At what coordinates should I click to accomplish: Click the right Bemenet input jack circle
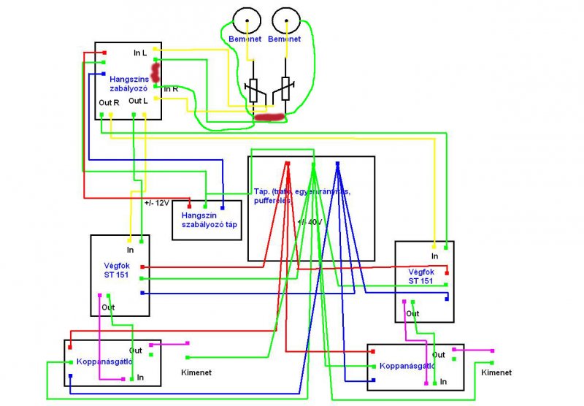pyautogui.click(x=285, y=20)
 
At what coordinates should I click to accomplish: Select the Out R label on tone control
pyautogui.click(x=109, y=102)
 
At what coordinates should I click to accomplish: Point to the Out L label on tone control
pyautogui.click(x=139, y=101)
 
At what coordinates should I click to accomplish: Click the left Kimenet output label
pyautogui.click(x=196, y=372)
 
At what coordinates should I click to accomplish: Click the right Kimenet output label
pyautogui.click(x=496, y=372)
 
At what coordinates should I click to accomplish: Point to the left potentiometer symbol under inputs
pyautogui.click(x=253, y=89)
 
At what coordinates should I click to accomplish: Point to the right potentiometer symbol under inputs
pyautogui.click(x=285, y=89)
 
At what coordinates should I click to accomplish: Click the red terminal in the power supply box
pyautogui.click(x=288, y=164)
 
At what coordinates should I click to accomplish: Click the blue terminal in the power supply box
pyautogui.click(x=337, y=164)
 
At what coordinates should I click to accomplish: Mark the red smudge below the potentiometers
pyautogui.click(x=270, y=116)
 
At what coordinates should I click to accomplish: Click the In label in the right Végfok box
pyautogui.click(x=434, y=256)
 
